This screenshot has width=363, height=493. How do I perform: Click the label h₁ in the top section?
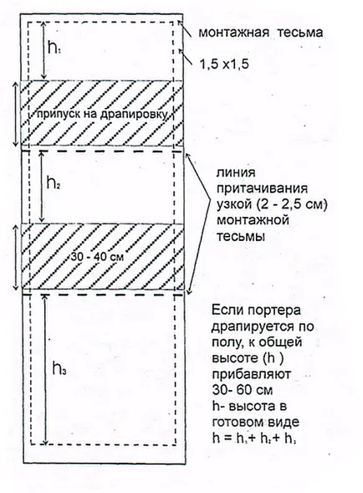(54, 48)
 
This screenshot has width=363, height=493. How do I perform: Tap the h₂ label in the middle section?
(54, 182)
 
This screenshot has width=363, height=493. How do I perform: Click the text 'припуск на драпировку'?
(102, 114)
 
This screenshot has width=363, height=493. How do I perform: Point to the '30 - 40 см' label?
(97, 257)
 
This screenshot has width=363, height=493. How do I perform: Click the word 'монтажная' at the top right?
(234, 33)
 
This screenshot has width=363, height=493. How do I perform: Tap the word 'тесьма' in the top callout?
(301, 33)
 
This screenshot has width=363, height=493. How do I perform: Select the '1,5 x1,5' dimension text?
(224, 64)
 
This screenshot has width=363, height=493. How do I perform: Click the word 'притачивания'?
(262, 189)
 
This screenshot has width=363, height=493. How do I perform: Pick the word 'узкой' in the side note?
(234, 205)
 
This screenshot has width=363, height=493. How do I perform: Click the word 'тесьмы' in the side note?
(240, 236)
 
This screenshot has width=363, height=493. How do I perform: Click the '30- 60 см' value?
(243, 390)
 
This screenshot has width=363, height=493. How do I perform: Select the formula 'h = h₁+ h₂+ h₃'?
(254, 439)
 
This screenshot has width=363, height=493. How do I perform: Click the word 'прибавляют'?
(252, 374)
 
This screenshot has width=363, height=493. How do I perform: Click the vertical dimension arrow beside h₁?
(44, 50)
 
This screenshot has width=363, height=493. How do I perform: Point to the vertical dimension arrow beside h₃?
(46, 370)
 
